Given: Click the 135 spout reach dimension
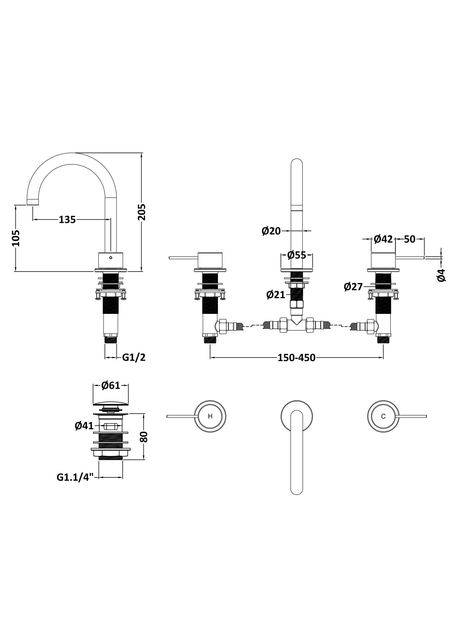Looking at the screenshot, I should [67, 220].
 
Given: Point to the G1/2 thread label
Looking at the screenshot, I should [134, 358].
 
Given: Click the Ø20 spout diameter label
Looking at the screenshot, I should [271, 231].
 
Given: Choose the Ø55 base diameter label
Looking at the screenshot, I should [297, 255].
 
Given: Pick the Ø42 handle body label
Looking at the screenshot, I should [383, 239].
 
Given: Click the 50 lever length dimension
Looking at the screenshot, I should [410, 239].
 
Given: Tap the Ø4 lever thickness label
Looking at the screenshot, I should [441, 275].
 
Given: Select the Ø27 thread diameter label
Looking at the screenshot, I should [353, 287].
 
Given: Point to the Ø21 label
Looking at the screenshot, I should [276, 295].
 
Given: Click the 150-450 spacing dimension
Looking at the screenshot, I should [296, 358].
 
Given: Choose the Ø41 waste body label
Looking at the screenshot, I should [84, 426].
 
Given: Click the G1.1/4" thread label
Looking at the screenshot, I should [75, 477].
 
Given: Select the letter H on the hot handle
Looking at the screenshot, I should [210, 417].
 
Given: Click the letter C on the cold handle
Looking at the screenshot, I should [383, 417].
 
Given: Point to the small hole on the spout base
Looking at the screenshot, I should [111, 257].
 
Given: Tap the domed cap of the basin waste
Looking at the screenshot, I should [111, 404].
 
